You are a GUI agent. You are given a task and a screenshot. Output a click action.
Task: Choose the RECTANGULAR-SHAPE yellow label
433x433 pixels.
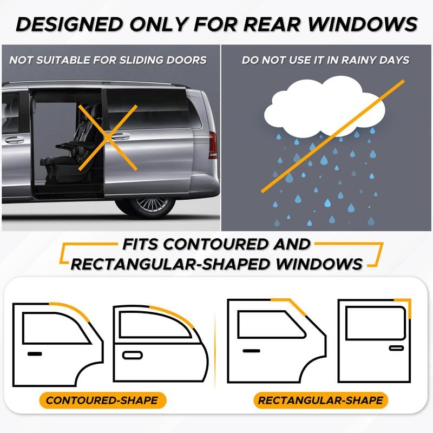tap(320, 401)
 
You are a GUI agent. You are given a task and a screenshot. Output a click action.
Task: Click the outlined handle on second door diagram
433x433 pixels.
tap(133, 355)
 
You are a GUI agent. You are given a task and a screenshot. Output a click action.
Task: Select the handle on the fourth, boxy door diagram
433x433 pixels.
tap(396, 347)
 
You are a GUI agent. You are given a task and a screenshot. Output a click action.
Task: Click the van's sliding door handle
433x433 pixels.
tap(121, 136)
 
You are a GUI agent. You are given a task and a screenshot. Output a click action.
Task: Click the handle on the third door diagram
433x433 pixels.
tap(251, 351)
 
